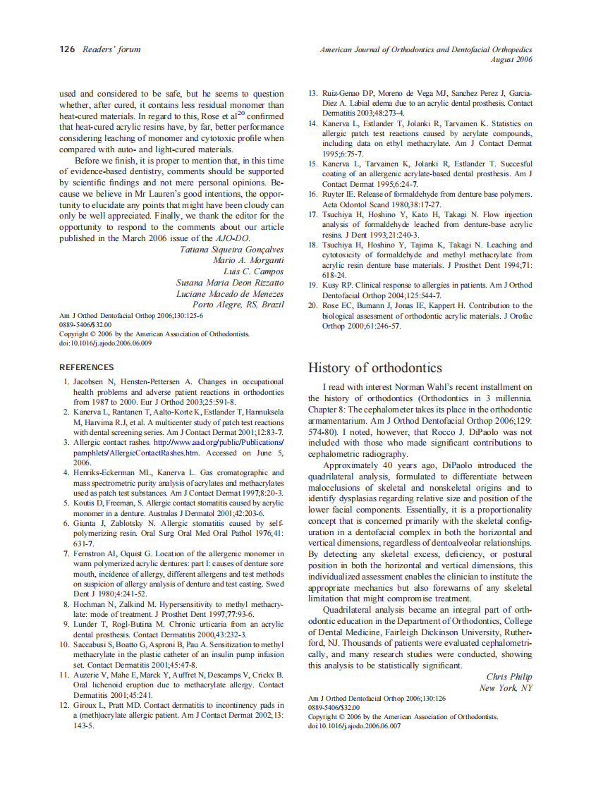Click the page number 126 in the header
67,49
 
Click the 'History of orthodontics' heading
375,368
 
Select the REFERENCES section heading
86,367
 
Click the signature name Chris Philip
510,677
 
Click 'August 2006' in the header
511,59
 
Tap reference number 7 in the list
66,554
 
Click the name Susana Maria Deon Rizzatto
230,282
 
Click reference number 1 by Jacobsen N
66,381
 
